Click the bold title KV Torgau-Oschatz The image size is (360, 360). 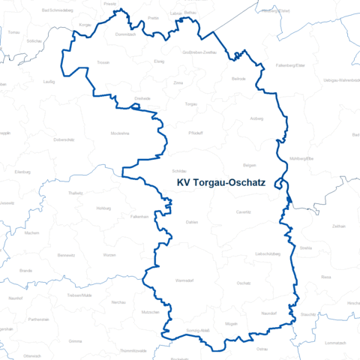226,182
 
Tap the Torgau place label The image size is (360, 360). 190,104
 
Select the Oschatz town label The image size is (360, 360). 243,283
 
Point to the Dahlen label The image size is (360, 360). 191,223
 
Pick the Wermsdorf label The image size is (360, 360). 184,280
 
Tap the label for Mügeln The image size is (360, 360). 231,323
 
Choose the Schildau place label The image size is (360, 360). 179,171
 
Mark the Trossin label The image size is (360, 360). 103,63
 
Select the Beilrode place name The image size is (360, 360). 239,78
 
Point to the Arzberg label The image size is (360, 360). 256,118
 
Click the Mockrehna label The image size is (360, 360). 120,132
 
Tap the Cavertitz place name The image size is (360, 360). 243,212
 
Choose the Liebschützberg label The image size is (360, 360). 267,254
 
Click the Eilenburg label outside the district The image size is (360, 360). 22,172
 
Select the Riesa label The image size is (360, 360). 325,277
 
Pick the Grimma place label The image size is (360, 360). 75,341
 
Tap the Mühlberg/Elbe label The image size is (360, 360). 301,159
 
